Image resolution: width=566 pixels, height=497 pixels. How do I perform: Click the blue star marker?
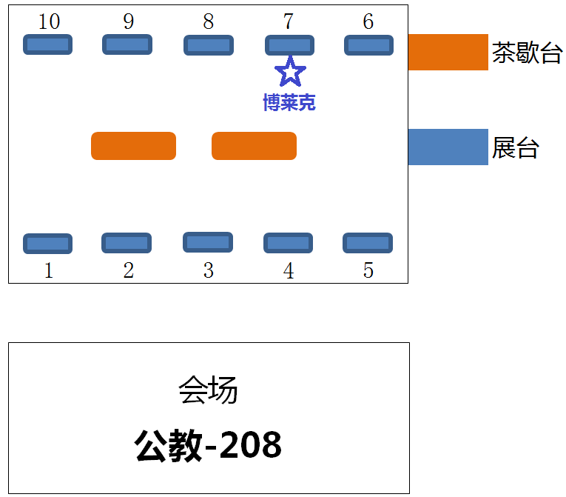[290, 72]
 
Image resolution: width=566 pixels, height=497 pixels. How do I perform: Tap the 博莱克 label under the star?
[289, 102]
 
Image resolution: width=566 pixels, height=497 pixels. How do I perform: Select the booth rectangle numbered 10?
[47, 44]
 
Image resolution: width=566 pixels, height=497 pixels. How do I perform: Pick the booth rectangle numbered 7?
[289, 45]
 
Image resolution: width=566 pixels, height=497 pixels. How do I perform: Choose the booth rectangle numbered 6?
[368, 45]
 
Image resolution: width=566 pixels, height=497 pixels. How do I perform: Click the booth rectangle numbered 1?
[47, 243]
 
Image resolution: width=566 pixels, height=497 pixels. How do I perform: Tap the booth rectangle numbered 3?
[208, 242]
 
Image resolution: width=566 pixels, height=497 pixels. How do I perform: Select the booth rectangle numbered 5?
[368, 243]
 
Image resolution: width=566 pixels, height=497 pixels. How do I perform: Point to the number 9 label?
[128, 22]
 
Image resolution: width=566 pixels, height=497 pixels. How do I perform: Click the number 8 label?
[209, 22]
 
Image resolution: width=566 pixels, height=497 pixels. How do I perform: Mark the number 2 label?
[128, 271]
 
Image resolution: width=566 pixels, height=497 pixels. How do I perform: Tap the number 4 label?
[289, 271]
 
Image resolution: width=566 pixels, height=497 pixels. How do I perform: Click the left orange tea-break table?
[133, 146]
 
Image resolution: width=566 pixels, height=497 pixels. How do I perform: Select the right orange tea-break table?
[254, 146]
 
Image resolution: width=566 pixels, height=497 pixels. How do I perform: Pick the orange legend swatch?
[448, 52]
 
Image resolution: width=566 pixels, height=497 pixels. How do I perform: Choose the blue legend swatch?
[448, 147]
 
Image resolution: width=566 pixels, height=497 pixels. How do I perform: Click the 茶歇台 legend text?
[527, 53]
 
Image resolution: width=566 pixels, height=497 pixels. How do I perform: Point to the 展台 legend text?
[516, 148]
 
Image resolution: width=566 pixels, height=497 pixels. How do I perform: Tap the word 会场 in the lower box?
[208, 390]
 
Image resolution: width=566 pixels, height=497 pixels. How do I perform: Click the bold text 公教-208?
[208, 446]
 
